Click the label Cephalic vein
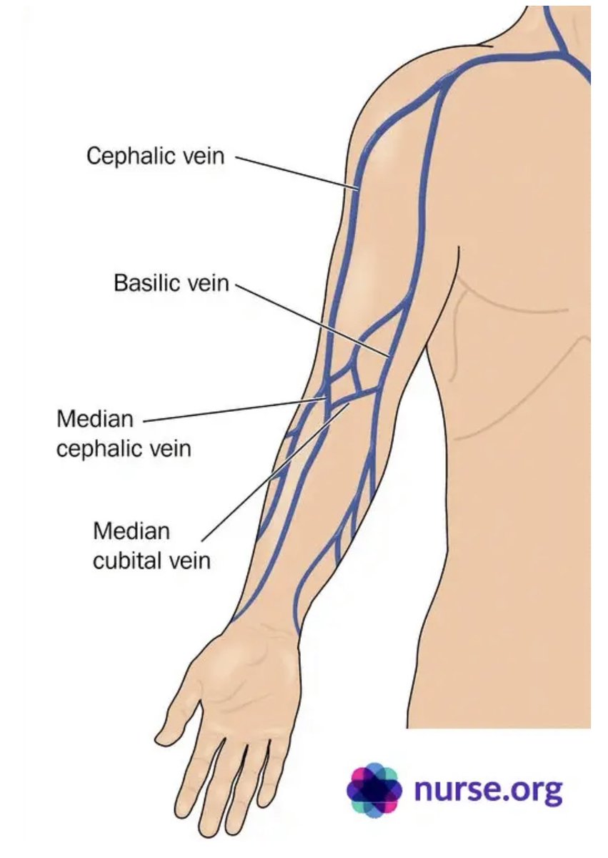pos(155,155)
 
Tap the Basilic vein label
pos(171,283)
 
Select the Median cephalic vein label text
pos(124,433)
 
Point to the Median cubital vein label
pos(151,546)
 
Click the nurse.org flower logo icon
pos(374,789)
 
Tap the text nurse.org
pos(488,790)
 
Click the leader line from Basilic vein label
pos(311,320)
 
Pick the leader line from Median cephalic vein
pos(236,410)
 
